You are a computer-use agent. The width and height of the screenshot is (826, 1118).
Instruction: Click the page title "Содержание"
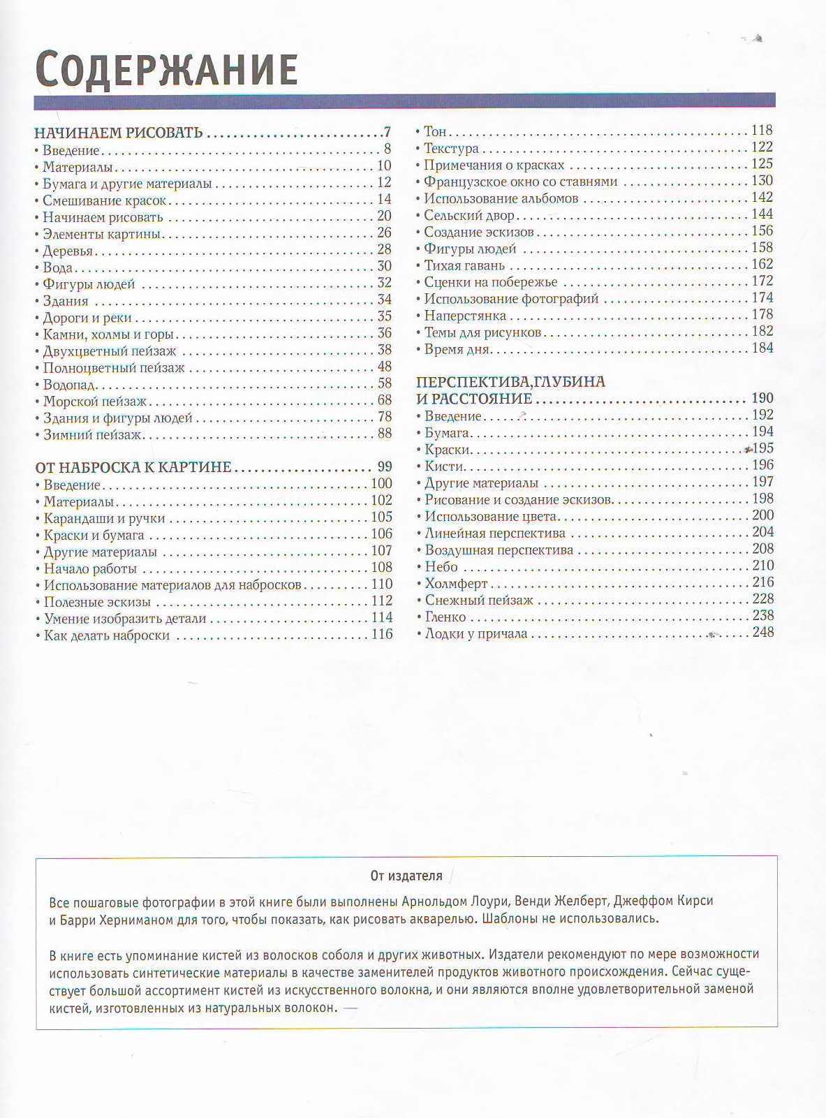pos(167,68)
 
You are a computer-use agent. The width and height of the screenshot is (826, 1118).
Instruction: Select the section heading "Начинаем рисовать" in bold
pos(119,133)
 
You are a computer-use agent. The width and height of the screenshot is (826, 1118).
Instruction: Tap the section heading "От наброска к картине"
pos(133,467)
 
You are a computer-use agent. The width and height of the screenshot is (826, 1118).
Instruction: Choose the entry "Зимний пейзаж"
pos(92,435)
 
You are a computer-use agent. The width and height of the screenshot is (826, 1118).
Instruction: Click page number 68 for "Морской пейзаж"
pos(384,401)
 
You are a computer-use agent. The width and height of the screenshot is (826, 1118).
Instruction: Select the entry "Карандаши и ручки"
pos(104,518)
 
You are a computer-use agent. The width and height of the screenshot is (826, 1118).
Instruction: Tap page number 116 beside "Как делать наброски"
pos(382,634)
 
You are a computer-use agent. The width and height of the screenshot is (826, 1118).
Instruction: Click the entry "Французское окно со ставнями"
pos(520,182)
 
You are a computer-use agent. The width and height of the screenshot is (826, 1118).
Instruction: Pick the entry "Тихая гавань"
pos(464,266)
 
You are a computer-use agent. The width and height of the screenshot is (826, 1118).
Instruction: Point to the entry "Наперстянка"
pos(465,316)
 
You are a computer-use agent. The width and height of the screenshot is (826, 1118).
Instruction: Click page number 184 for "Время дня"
pos(762,348)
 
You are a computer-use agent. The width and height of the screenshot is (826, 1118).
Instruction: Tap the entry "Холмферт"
pos(456,584)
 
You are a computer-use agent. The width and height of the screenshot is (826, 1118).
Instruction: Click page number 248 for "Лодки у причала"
pos(762,633)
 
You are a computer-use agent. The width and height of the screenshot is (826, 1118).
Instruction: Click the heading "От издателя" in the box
pos(406,875)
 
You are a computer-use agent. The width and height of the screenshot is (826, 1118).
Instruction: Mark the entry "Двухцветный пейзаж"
pos(109,351)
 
